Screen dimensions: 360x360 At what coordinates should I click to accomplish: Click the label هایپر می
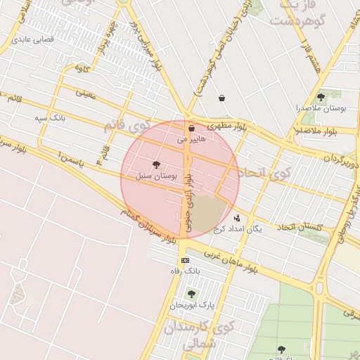192,139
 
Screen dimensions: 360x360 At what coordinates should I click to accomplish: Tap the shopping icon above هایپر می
191,129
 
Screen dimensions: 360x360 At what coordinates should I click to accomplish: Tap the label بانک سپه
51,117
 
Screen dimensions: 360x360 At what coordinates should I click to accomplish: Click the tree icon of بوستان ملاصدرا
321,97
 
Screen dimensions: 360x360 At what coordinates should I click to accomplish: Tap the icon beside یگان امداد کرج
237,218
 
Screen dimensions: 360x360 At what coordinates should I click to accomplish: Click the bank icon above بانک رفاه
185,260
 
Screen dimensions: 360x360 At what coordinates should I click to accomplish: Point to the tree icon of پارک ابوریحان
191,293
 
